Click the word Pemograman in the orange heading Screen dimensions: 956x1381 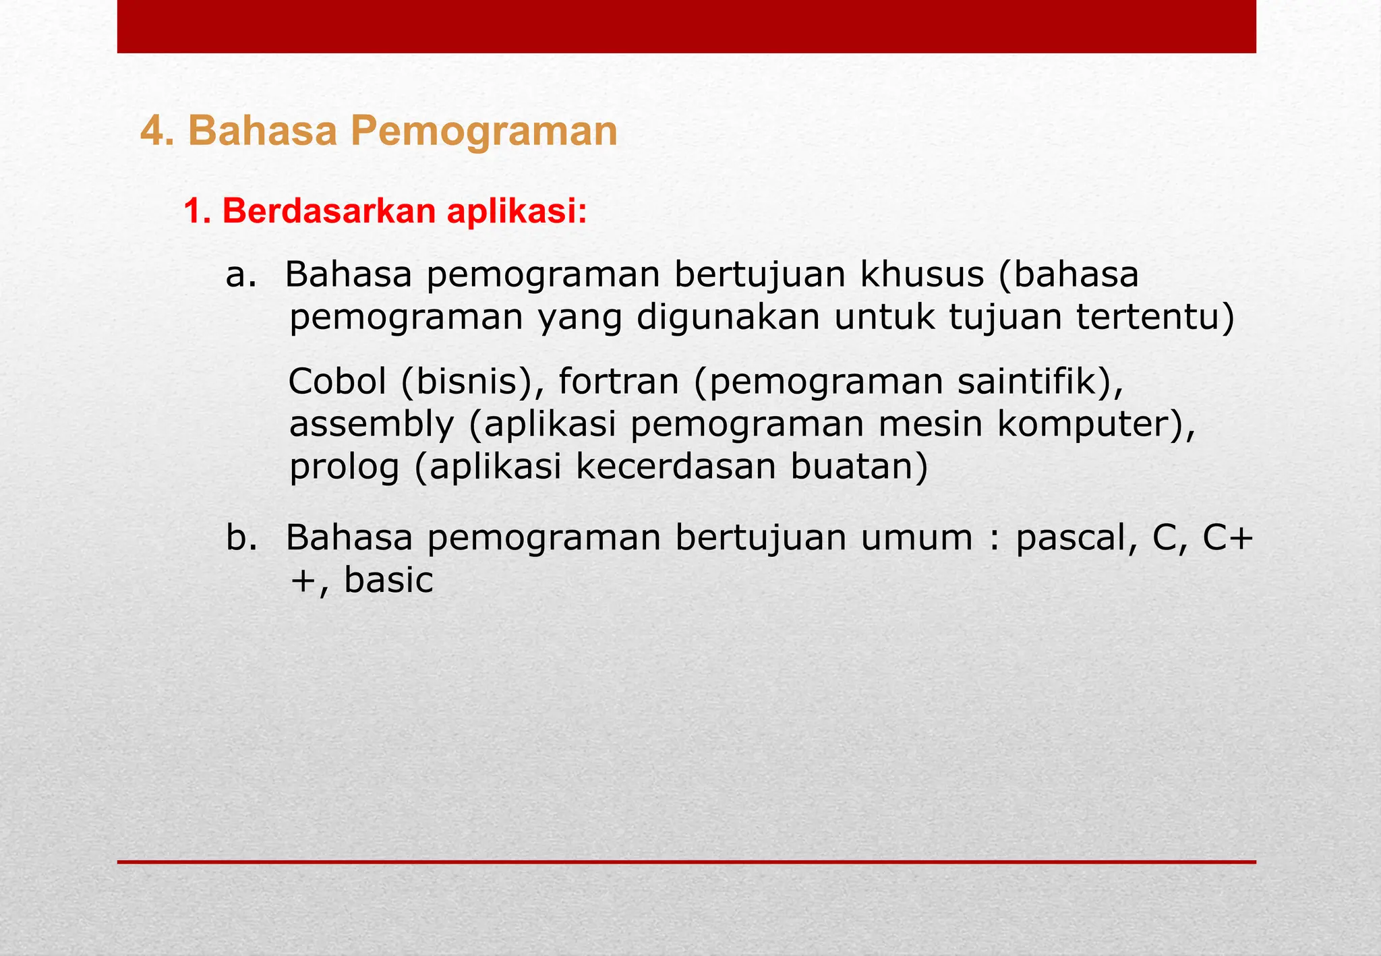pyautogui.click(x=483, y=131)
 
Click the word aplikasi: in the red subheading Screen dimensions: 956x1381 pyautogui.click(x=516, y=212)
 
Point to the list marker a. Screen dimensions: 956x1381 pyautogui.click(x=241, y=275)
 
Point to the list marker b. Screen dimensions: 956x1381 pyautogui.click(x=241, y=538)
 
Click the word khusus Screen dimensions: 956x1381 pyautogui.click(x=922, y=275)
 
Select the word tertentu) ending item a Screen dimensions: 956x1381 pyautogui.click(x=1155, y=318)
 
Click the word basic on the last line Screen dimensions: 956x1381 pyautogui.click(x=388, y=580)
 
